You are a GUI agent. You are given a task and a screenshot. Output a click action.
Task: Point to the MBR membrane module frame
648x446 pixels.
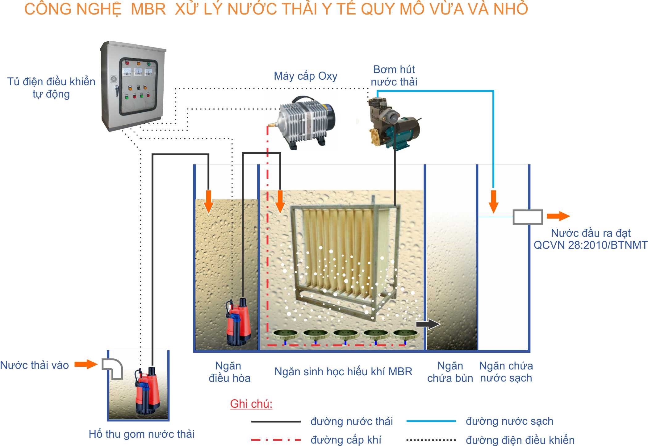coord(344,259)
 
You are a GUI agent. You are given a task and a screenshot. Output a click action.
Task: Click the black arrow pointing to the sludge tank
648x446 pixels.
coord(428,324)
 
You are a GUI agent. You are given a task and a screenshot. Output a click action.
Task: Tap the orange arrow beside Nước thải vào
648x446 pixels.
coord(86,364)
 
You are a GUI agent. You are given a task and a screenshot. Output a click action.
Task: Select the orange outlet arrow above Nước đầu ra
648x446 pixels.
coord(558,216)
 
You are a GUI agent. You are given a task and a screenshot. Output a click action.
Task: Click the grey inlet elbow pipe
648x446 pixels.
coord(113,368)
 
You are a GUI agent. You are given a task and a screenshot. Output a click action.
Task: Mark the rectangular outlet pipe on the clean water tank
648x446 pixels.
coord(528,217)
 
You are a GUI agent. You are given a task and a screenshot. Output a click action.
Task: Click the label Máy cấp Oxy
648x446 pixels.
coord(305,76)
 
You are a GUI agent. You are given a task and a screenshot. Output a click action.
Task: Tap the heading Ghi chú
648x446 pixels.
coord(251,404)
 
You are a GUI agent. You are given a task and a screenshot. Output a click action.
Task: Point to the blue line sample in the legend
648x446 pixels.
coord(431,421)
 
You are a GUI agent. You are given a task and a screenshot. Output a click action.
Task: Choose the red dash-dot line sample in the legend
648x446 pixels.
coord(276,440)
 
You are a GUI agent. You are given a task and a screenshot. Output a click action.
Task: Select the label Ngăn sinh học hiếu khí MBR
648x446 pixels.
coord(343,372)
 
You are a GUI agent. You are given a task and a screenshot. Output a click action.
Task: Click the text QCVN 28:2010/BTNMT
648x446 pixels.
coord(590,245)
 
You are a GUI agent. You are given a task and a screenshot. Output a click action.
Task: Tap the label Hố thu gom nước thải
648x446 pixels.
coord(141,434)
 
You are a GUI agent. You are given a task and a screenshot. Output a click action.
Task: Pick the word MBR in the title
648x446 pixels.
coord(148,9)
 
